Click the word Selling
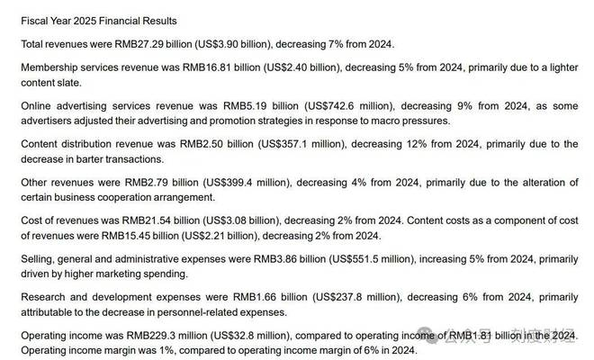[36, 259]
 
